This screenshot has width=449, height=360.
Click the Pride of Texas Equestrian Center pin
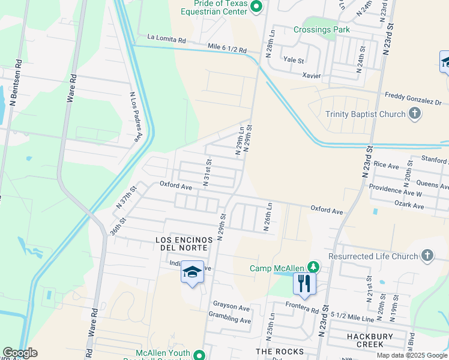click(256, 7)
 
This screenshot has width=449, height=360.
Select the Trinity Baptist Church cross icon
click(414, 113)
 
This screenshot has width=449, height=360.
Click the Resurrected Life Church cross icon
click(427, 256)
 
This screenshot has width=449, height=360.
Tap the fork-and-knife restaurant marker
click(304, 283)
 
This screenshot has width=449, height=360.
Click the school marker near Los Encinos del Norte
click(191, 273)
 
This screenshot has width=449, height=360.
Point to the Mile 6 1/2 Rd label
click(227, 49)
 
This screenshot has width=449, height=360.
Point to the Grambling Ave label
click(229, 320)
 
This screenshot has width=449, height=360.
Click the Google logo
click(20, 353)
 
